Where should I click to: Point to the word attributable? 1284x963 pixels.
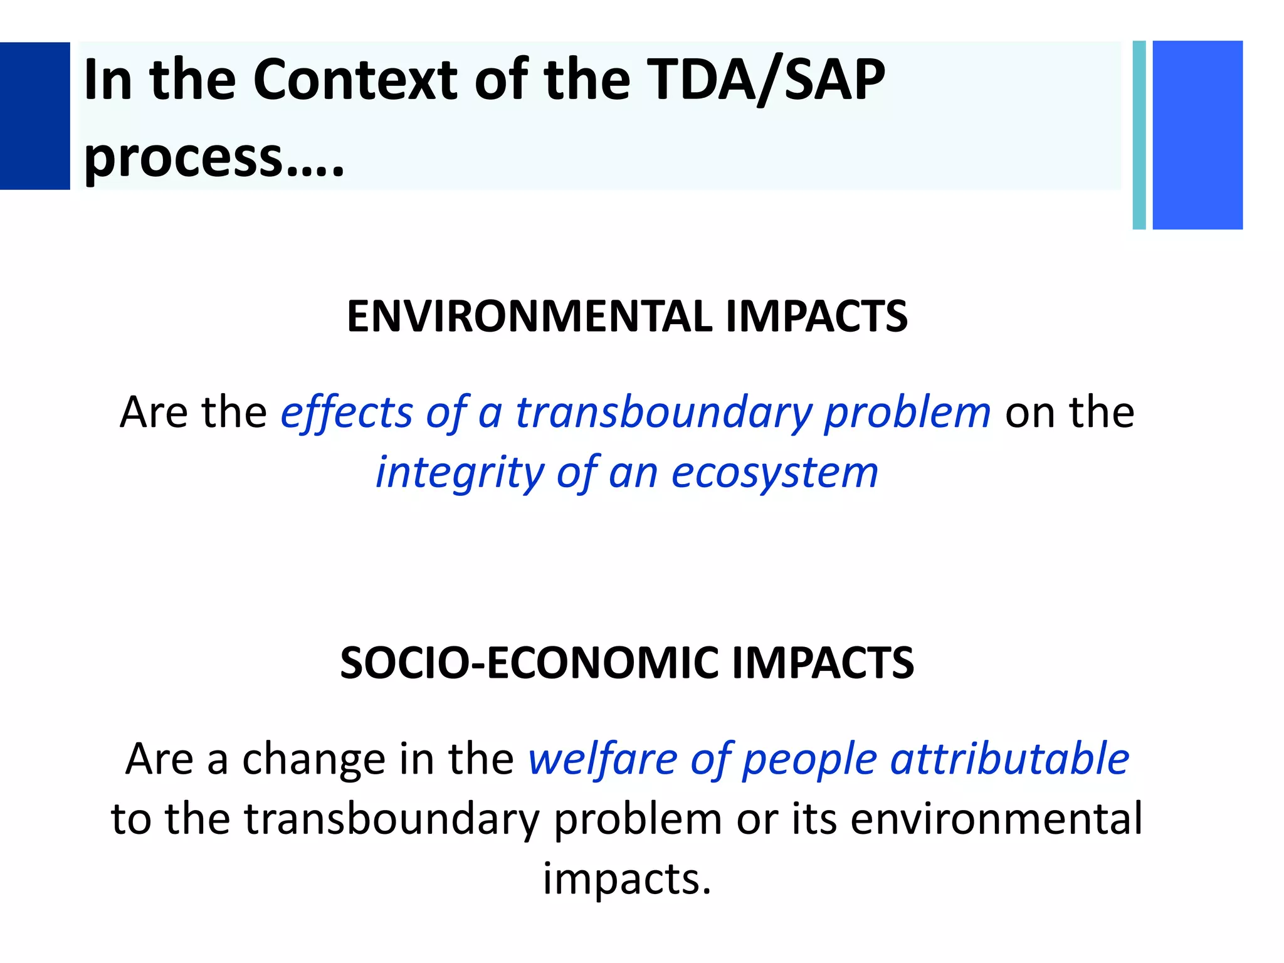pyautogui.click(x=1009, y=759)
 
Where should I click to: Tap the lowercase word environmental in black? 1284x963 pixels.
pyautogui.click(x=996, y=819)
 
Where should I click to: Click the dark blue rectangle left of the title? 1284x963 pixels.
pyautogui.click(x=34, y=116)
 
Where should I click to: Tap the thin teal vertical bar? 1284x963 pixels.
pyautogui.click(x=1139, y=135)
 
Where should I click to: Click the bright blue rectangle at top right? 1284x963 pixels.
pyautogui.click(x=1197, y=135)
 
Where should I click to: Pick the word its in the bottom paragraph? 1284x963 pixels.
pyautogui.click(x=814, y=819)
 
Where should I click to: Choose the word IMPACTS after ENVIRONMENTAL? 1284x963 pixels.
pyautogui.click(x=816, y=316)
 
